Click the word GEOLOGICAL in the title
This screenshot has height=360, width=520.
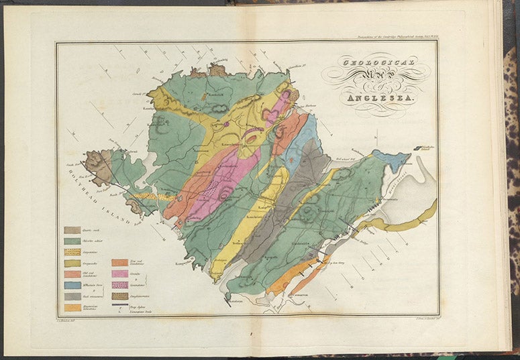point(378,65)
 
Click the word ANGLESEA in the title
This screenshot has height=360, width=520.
point(381,101)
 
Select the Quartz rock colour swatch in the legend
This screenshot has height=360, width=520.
point(72,229)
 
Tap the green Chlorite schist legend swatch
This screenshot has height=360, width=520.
point(72,241)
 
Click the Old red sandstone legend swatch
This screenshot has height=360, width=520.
point(72,274)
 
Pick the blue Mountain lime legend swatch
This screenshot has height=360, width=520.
point(72,285)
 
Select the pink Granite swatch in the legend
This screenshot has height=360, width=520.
point(119,274)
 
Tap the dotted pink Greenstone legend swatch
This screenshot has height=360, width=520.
point(119,285)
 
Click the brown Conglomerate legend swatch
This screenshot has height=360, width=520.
point(119,296)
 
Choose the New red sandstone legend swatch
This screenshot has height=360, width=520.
point(119,263)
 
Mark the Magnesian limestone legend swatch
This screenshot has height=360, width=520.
point(72,307)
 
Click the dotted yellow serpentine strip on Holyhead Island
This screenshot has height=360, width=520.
point(151,197)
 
